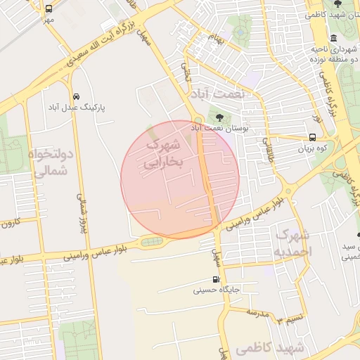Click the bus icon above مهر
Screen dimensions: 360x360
(x=49, y=9)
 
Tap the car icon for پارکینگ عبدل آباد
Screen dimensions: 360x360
(x=76, y=96)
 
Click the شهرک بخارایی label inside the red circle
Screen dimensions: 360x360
(x=162, y=153)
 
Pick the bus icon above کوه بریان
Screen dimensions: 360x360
(x=312, y=138)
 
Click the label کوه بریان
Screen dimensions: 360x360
(x=312, y=149)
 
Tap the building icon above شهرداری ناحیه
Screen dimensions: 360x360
(x=333, y=37)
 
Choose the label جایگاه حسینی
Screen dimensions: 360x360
(x=217, y=290)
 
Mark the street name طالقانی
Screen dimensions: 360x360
(x=268, y=148)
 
